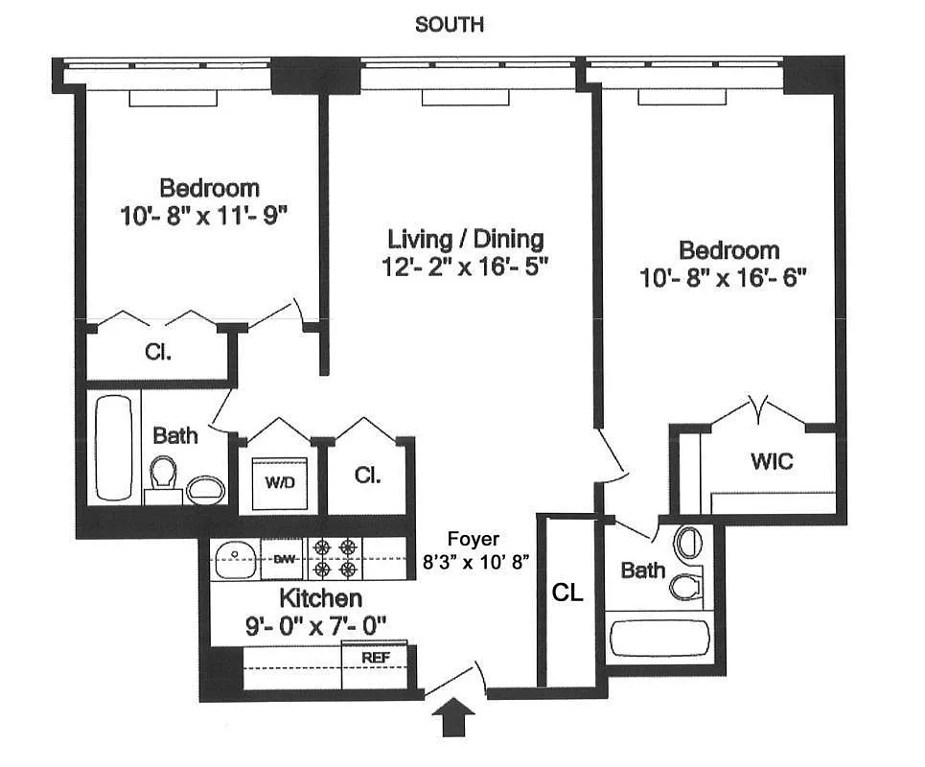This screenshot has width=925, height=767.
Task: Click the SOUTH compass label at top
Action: [x=450, y=25]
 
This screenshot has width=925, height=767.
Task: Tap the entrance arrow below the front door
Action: [x=453, y=716]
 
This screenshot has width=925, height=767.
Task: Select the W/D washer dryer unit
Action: [x=280, y=483]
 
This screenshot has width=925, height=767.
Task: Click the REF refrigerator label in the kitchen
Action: [x=376, y=658]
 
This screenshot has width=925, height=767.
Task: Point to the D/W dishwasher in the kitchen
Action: [x=283, y=558]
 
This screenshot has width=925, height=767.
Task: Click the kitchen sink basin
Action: [x=235, y=559]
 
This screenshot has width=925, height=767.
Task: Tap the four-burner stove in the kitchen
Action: [x=335, y=558]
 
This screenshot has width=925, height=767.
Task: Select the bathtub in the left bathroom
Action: [x=114, y=448]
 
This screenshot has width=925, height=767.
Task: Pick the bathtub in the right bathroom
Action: [x=659, y=638]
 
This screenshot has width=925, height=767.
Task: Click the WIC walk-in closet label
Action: [x=772, y=461]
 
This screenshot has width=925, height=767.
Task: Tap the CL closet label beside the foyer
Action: [x=567, y=593]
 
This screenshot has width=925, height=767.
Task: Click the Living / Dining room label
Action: [x=466, y=239]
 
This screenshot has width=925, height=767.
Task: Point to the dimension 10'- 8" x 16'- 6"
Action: [x=724, y=278]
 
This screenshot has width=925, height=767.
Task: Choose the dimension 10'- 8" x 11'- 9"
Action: [x=203, y=216]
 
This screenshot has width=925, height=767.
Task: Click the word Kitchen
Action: [x=320, y=598]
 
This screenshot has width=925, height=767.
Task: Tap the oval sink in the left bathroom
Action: [x=205, y=489]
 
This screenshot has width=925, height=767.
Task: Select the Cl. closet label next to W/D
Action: [x=367, y=475]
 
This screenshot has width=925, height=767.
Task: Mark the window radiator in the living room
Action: [x=466, y=98]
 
